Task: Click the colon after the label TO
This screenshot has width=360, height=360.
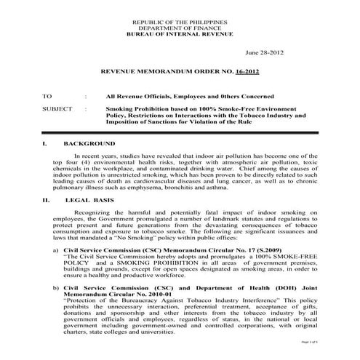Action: pos(87,96)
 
